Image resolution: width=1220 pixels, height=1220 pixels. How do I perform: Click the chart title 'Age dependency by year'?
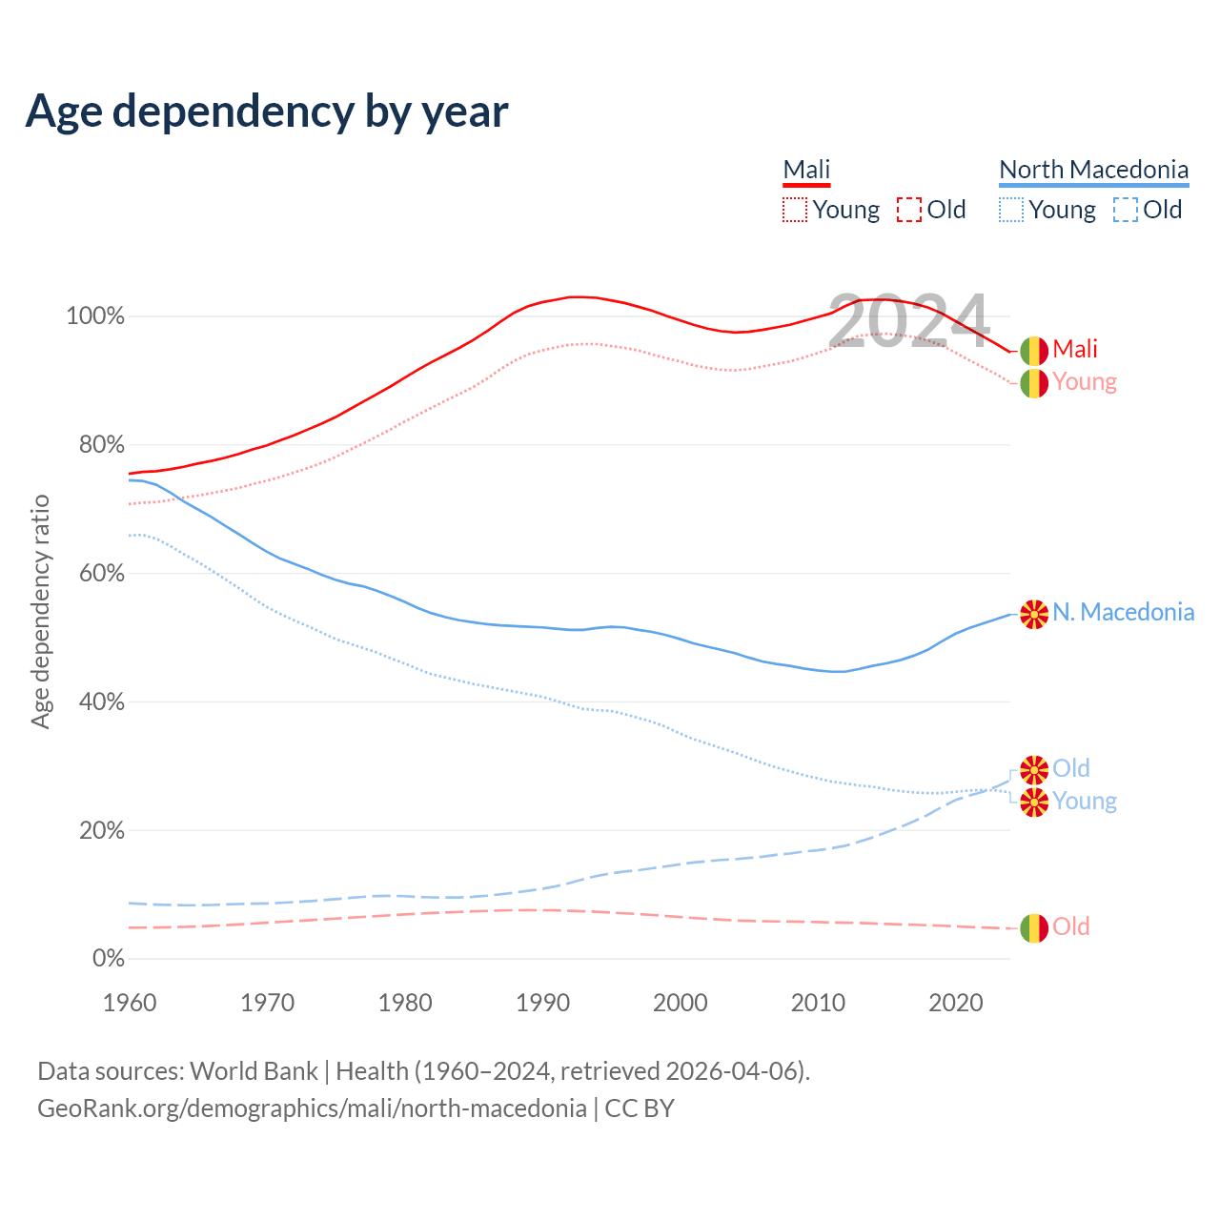tap(267, 112)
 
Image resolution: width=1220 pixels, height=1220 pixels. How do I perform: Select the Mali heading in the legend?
tap(806, 170)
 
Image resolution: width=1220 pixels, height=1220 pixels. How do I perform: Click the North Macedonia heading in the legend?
tap(1093, 170)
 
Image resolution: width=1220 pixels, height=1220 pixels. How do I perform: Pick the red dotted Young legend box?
tap(795, 210)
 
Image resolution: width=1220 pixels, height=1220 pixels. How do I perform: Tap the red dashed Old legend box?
tap(909, 210)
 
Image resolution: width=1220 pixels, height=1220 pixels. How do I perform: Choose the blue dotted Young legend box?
tap(1011, 210)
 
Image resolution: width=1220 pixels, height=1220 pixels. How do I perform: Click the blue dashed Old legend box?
tap(1126, 210)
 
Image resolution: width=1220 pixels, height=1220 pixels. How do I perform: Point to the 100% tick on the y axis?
tap(95, 316)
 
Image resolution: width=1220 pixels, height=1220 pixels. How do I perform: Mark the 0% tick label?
tap(108, 959)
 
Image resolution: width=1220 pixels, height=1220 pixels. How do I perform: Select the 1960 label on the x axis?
tap(130, 1003)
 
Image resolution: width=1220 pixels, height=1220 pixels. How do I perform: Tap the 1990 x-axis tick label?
tap(542, 1003)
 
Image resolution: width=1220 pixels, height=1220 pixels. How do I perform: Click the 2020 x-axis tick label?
tap(956, 1003)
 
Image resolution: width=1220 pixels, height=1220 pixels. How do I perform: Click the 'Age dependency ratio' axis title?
tap(40, 611)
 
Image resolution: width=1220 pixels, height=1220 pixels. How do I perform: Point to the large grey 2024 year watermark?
tap(908, 322)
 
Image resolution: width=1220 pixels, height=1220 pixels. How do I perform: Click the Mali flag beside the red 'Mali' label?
tap(1034, 351)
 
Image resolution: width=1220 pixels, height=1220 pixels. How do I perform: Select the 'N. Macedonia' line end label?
tap(1123, 612)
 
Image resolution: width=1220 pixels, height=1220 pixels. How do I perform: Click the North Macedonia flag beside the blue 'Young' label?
tap(1034, 803)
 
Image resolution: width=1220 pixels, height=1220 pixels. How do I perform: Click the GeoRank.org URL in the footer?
tap(312, 1108)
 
